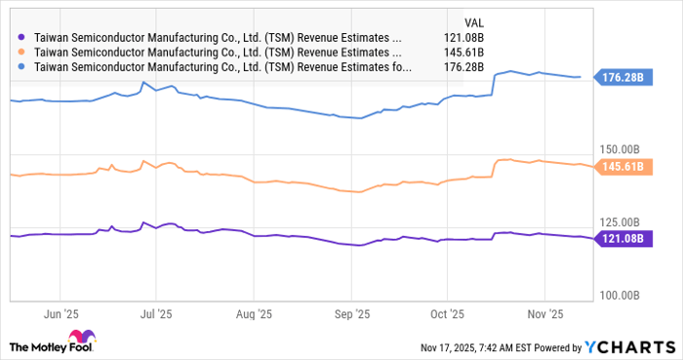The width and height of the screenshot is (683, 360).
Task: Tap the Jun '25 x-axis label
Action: point(60,314)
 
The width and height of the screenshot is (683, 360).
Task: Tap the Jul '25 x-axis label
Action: point(155,314)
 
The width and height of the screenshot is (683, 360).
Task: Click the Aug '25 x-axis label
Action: point(253,314)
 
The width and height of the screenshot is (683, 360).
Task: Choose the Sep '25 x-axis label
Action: point(350,314)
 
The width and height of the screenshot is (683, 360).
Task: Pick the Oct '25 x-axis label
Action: point(446,314)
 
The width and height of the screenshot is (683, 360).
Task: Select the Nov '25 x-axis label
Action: point(543,314)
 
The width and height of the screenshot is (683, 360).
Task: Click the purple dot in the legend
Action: point(22,37)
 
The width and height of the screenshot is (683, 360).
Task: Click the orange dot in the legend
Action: point(22,53)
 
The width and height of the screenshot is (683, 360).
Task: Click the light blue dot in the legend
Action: point(22,68)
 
